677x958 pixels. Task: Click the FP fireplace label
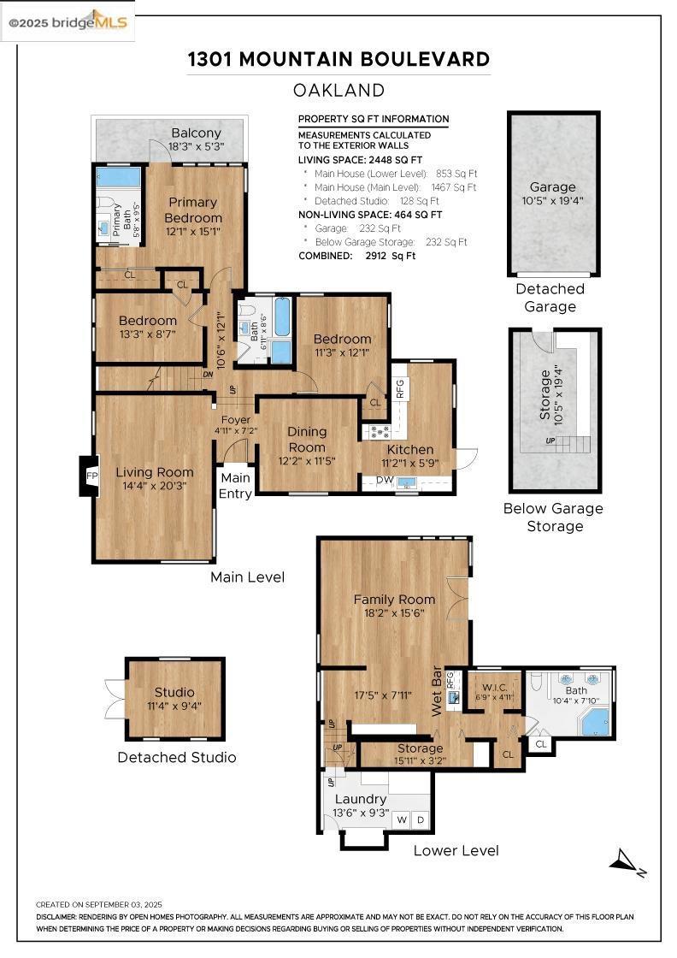click(92, 476)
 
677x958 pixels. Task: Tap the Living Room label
click(155, 472)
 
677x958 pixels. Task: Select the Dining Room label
click(307, 440)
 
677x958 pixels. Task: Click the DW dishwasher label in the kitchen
click(385, 480)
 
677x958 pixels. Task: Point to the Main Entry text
click(236, 486)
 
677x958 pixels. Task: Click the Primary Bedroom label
click(193, 210)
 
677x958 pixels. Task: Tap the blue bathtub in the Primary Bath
click(119, 178)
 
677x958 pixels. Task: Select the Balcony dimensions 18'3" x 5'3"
click(197, 146)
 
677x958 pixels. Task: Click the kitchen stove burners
click(378, 432)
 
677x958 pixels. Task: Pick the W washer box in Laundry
click(402, 820)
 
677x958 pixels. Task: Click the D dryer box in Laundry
click(421, 820)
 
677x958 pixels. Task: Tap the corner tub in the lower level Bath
click(595, 722)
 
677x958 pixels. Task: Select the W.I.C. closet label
click(494, 688)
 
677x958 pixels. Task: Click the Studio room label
click(174, 692)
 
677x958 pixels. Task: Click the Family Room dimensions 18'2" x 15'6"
click(394, 613)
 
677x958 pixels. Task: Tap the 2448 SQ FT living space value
click(396, 160)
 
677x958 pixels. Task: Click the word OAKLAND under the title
click(338, 91)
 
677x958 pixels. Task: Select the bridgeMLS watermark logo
click(68, 22)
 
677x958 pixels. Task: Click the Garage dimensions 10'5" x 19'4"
click(553, 200)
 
